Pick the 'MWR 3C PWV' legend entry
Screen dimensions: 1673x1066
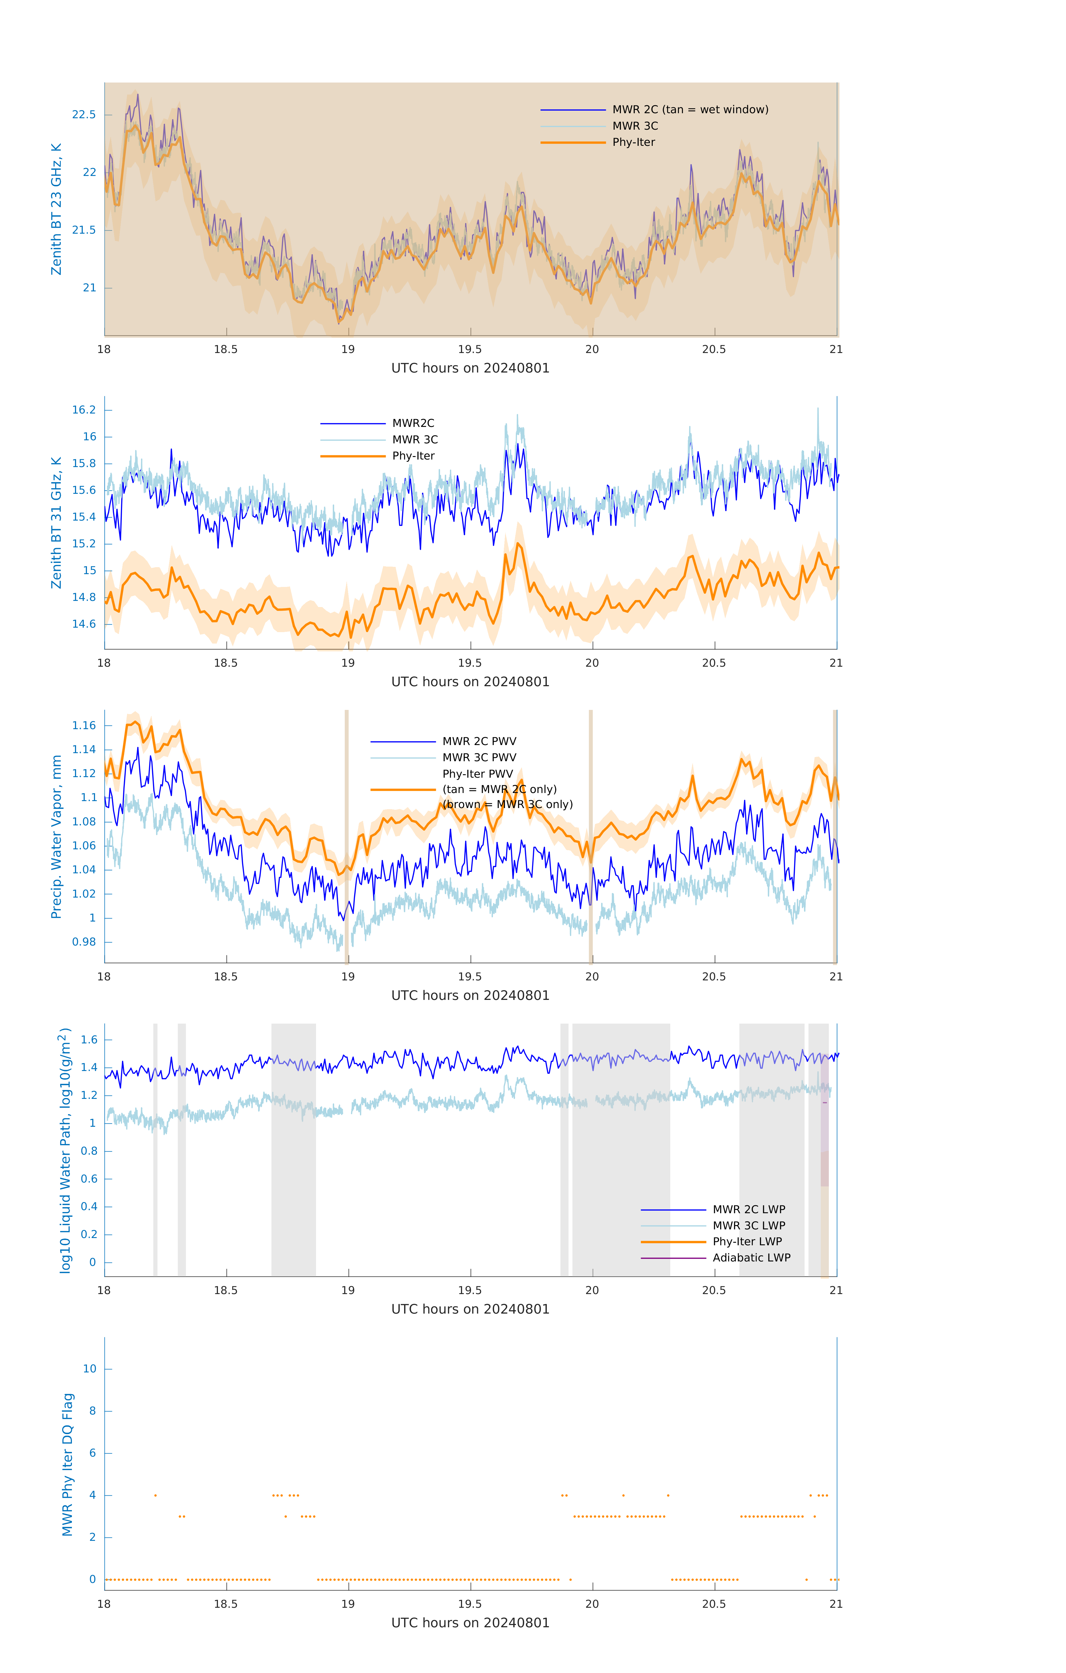pyautogui.click(x=479, y=757)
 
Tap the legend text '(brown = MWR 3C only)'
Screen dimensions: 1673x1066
pyautogui.click(x=508, y=804)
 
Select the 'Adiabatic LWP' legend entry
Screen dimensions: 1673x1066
pyautogui.click(x=751, y=1258)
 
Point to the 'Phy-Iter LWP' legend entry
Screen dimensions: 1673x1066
pyautogui.click(x=747, y=1242)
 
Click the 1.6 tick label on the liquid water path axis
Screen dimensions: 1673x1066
pyautogui.click(x=89, y=1040)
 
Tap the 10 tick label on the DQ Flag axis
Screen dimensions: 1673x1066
pyautogui.click(x=89, y=1369)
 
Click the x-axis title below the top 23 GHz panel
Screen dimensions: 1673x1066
pyautogui.click(x=470, y=368)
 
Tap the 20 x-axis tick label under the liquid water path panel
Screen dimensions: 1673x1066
pyautogui.click(x=592, y=1290)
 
